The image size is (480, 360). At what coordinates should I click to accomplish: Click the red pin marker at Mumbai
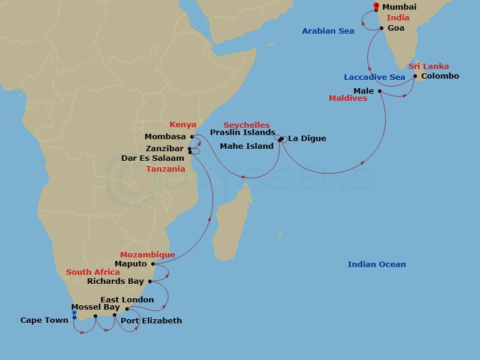tap(376, 7)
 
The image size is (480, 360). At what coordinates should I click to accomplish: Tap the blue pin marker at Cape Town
tap(74, 313)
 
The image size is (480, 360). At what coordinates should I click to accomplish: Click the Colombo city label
tap(440, 76)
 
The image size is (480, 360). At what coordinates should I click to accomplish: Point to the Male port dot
tap(380, 91)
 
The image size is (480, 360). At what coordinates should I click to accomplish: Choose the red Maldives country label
tap(348, 98)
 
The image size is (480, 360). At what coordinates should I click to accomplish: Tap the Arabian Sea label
tap(328, 31)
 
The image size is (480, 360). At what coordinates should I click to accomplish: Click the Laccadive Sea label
tap(374, 77)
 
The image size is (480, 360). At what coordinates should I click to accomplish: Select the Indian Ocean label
tap(377, 265)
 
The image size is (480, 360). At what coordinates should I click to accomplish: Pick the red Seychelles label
tap(247, 125)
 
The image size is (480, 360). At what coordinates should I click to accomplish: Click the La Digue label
tap(307, 139)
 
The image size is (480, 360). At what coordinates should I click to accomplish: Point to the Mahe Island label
tap(247, 146)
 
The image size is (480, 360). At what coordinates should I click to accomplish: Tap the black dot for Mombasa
tap(192, 137)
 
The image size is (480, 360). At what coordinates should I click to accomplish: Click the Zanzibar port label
tap(164, 148)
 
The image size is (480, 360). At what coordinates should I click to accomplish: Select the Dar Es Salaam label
tap(153, 158)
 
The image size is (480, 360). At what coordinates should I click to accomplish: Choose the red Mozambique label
tap(148, 255)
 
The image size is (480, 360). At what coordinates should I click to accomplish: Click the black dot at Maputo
tap(153, 264)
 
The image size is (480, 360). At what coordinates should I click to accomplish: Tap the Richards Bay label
tap(115, 281)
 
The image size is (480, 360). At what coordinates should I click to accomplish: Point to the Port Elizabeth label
tap(151, 320)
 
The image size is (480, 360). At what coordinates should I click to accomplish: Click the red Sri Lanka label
tap(428, 67)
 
